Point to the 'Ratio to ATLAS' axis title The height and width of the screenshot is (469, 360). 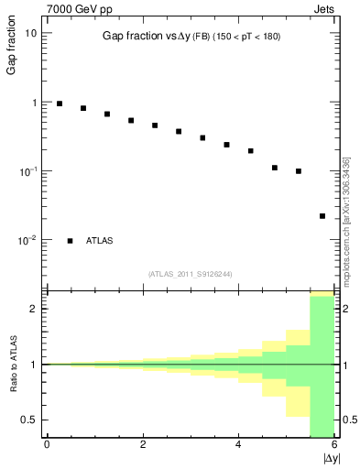[12, 364]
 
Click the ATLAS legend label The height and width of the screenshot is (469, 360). [100, 241]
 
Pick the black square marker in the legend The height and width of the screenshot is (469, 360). [70, 241]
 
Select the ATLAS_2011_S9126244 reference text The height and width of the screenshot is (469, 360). [189, 273]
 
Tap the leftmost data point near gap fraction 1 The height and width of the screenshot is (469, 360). [60, 104]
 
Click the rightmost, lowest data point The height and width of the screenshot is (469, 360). [322, 216]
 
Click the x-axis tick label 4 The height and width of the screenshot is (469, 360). [238, 444]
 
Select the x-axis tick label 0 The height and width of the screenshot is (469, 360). [47, 444]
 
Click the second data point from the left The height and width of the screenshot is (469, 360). [83, 108]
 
